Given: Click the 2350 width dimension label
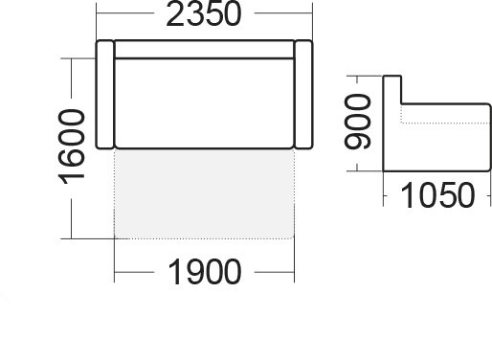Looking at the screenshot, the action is click(x=204, y=14).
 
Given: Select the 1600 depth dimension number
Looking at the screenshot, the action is click(x=72, y=147).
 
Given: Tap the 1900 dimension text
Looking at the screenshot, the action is click(x=204, y=272).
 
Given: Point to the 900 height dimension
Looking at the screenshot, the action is click(x=358, y=122).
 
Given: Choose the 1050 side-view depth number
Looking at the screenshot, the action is click(x=437, y=195).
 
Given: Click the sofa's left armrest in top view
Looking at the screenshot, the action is click(x=105, y=95).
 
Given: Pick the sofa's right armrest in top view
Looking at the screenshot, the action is click(x=303, y=95).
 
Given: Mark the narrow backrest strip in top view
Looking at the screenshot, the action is click(x=204, y=50).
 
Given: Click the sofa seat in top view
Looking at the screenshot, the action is click(x=204, y=103).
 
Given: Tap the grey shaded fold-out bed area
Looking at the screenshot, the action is click(x=204, y=193).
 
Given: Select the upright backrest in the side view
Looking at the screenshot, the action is click(x=392, y=123).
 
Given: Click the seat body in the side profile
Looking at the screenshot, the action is click(x=446, y=138).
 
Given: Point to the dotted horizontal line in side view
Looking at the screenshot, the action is click(x=445, y=123).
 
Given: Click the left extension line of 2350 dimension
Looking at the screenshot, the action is click(x=97, y=21).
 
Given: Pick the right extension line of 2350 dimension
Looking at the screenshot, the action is click(x=313, y=21).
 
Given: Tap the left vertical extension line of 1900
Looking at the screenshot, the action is click(x=114, y=260).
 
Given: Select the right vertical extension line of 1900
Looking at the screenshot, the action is click(x=294, y=260).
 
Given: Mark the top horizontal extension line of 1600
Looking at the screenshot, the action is click(x=78, y=58).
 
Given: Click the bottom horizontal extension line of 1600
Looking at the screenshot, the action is click(x=87, y=238).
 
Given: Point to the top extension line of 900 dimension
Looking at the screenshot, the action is click(x=365, y=76).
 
